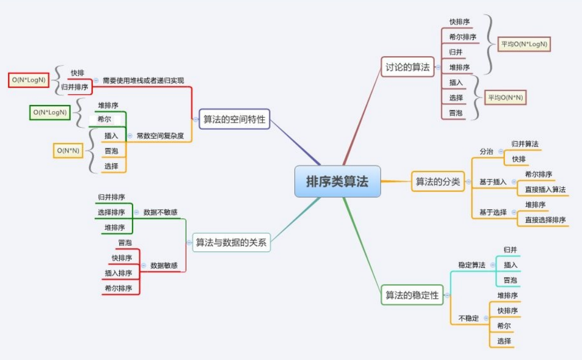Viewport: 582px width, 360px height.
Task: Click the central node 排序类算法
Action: [x=338, y=181]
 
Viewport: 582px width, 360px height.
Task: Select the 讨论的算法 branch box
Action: [x=408, y=67]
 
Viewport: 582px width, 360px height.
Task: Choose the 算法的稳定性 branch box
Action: [x=412, y=295]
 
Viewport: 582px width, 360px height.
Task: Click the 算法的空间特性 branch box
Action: [x=234, y=119]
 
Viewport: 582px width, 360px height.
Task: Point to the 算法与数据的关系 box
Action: [x=232, y=243]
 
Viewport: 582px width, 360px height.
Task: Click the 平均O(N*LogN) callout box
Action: [x=524, y=44]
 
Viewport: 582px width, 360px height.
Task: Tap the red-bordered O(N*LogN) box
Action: [x=29, y=80]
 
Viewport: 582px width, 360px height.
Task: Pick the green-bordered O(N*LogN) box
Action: [x=50, y=112]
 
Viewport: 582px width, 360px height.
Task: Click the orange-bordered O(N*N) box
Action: [x=68, y=150]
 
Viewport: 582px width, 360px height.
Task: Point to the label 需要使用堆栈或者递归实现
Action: [x=143, y=80]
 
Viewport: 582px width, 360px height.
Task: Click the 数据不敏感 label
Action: [x=161, y=212]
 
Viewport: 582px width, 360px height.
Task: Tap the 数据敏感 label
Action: [x=164, y=266]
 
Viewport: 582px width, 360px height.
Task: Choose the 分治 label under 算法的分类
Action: [x=486, y=151]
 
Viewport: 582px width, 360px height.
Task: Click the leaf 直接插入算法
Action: [x=545, y=190]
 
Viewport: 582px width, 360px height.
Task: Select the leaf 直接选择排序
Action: [x=545, y=220]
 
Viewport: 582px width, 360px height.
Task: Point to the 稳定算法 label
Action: [x=471, y=265]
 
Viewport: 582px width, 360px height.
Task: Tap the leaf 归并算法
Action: [x=525, y=144]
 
